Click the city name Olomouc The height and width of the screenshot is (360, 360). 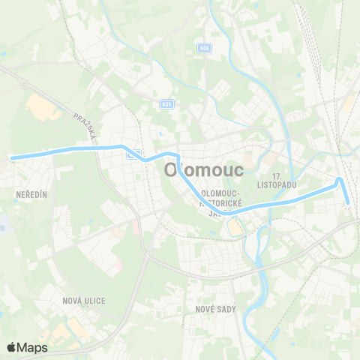203,170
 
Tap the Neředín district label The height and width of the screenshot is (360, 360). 31,194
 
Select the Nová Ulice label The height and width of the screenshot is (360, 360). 84,300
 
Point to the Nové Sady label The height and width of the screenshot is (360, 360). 216,309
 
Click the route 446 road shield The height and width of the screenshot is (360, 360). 204,48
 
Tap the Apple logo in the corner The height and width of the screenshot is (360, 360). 12,347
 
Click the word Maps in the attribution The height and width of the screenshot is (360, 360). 32,347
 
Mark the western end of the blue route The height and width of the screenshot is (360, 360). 12,157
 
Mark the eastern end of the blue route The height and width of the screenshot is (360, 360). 349,201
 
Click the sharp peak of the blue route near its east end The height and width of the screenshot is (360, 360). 340,179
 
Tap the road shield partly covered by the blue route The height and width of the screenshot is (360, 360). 133,154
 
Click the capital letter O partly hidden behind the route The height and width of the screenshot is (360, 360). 171,170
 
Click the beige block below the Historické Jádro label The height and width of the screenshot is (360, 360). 235,226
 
